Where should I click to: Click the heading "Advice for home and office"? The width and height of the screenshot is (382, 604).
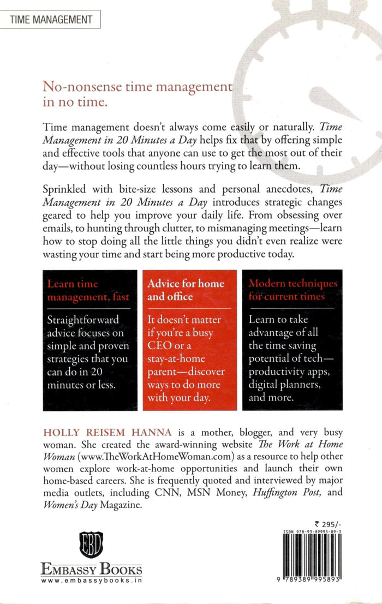[x=186, y=290]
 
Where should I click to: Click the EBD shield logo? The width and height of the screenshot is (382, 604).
[x=91, y=546]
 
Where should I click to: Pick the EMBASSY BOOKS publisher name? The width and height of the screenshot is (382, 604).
[x=91, y=570]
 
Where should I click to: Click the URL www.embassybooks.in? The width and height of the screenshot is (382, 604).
[x=91, y=582]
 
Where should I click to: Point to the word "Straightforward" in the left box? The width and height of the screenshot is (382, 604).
[x=80, y=319]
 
